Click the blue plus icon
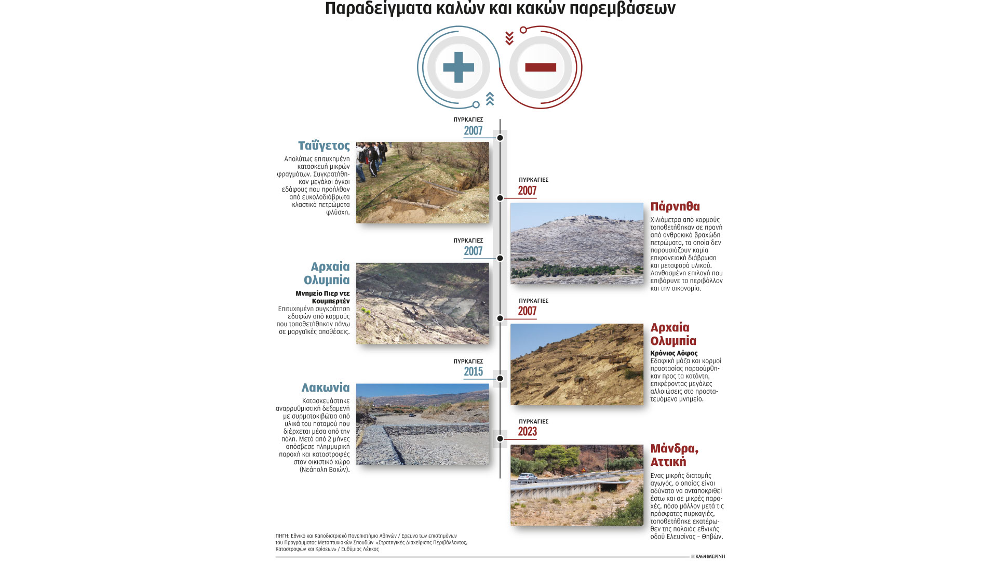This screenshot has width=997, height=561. pos(459,68)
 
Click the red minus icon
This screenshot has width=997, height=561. pos(541,68)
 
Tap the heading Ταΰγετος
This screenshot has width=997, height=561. pos(324,146)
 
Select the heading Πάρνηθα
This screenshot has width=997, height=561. pos(675,207)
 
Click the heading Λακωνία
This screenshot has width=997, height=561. pos(326,388)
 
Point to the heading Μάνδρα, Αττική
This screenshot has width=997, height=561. pos(674,455)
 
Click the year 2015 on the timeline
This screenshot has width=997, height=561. pos(473,372)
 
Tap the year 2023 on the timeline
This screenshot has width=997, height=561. pos(527,432)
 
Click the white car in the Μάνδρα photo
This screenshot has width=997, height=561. pos(527,477)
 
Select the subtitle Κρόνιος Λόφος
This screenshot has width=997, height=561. pos(674,353)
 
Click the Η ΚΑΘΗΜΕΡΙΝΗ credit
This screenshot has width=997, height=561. pos(708,556)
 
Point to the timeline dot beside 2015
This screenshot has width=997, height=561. pos(500,379)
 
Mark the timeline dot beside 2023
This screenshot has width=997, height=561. pos(500,439)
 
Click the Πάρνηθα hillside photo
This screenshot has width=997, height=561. pos(576,243)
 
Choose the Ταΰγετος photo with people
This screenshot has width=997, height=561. pos(422,182)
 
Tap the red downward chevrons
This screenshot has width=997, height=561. pos(509,38)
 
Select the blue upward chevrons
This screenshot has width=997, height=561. pos(490,98)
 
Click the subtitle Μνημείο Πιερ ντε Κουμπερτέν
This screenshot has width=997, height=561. pos(322,297)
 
